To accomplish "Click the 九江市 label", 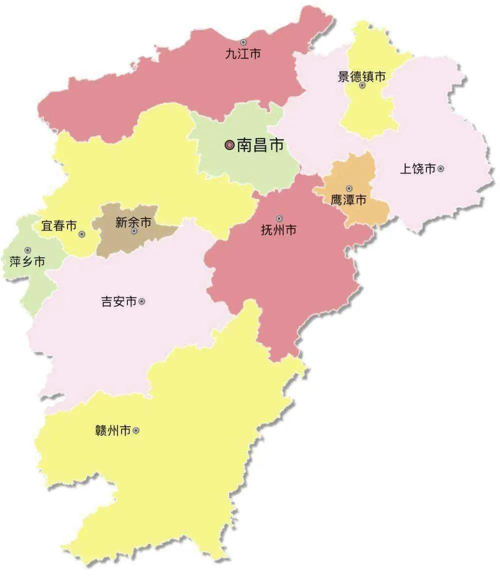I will point(243,54).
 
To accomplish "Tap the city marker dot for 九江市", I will point(243,42).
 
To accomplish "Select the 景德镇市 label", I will point(362,76).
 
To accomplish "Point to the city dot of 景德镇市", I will point(362,85).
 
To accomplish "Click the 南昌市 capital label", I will point(260,145).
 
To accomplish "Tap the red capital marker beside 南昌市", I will point(229,145).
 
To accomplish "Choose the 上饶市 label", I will point(417,169).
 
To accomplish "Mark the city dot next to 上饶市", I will point(440,169).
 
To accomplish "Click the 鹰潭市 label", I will point(348,200).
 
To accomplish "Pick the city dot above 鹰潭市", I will point(349,188).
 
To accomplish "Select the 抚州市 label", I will point(279,230).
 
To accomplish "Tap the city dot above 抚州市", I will point(279,218).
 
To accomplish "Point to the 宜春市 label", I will point(59,226).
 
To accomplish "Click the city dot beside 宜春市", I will point(82,234).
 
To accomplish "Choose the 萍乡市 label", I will point(27,261).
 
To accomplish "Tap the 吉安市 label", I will point(118,302).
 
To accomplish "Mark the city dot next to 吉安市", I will point(142,301).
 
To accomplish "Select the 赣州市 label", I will point(112,430).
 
